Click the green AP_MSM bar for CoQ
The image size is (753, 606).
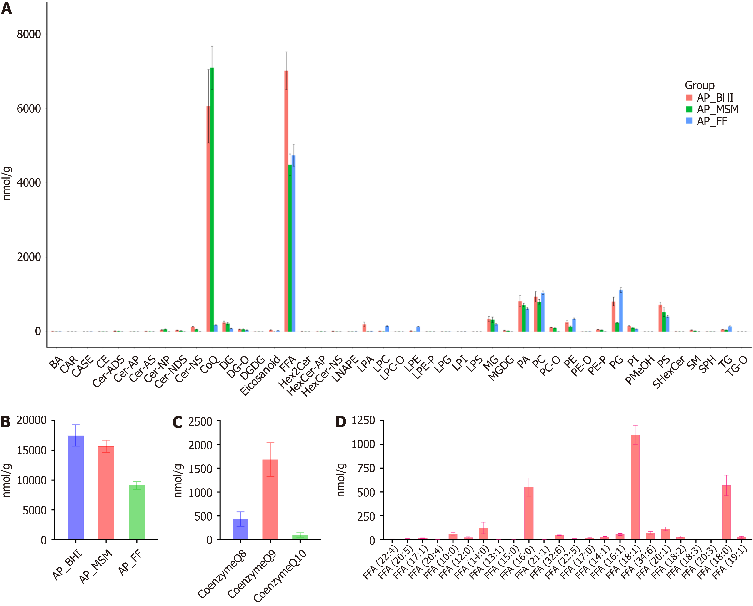click(212, 199)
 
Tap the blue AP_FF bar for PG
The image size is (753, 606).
click(621, 311)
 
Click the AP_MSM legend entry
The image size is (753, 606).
click(717, 110)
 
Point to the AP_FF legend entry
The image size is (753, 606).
click(712, 121)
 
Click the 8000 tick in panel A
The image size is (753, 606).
click(29, 34)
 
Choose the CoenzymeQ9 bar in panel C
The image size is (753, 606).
click(270, 499)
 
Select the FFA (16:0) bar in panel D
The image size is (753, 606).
click(529, 513)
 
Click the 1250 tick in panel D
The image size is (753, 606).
click(363, 420)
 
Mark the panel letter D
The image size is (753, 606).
click(340, 422)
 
